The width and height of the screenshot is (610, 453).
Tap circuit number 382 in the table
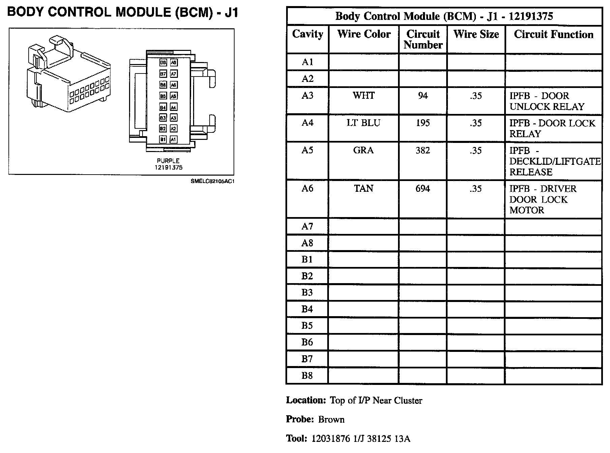click(423, 150)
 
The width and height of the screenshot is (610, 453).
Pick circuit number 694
click(423, 188)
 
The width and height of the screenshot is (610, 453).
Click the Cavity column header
click(307, 34)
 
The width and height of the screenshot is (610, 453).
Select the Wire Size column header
click(476, 34)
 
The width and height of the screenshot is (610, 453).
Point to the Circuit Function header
click(553, 34)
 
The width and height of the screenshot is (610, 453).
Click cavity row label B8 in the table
click(307, 375)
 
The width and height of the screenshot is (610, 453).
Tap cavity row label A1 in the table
click(307, 62)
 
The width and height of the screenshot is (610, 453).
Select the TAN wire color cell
click(363, 188)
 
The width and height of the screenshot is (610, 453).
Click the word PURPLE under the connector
click(168, 161)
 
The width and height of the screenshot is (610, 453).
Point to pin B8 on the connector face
click(163, 63)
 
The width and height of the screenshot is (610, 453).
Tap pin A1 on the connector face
click(173, 139)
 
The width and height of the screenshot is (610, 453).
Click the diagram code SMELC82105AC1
click(212, 181)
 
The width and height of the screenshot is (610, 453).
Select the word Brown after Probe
click(331, 420)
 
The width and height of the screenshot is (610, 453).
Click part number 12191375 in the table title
click(531, 16)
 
